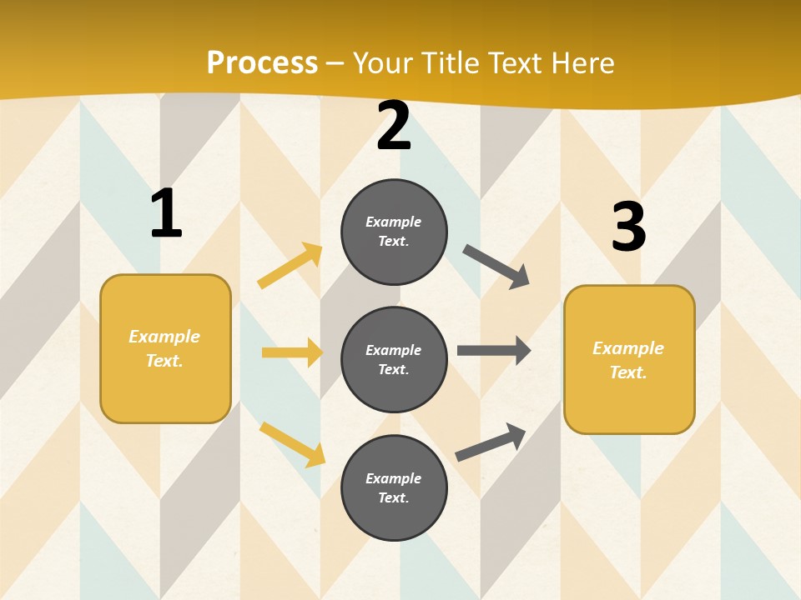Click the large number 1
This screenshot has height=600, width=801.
[x=166, y=213]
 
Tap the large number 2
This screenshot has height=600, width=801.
[x=394, y=127]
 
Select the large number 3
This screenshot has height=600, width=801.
[x=628, y=227]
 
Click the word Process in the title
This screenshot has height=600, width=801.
[x=262, y=62]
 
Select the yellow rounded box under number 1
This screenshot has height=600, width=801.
[x=165, y=348]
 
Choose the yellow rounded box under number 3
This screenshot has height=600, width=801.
[x=629, y=360]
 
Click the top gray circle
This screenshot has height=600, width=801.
[x=394, y=232]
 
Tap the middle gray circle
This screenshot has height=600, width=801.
[x=394, y=360]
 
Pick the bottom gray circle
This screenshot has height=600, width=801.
[x=394, y=488]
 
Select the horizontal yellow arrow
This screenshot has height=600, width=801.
[x=292, y=352]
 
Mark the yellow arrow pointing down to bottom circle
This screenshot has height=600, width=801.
[x=292, y=443]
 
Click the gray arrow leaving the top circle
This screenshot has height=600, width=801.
[x=496, y=267]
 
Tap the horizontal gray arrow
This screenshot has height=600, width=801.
[x=493, y=350]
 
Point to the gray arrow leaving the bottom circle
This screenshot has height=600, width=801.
[x=491, y=442]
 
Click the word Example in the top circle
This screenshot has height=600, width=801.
[x=394, y=222]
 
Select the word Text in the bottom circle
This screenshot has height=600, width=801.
[x=392, y=497]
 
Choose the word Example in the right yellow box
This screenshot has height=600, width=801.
[x=628, y=348]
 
